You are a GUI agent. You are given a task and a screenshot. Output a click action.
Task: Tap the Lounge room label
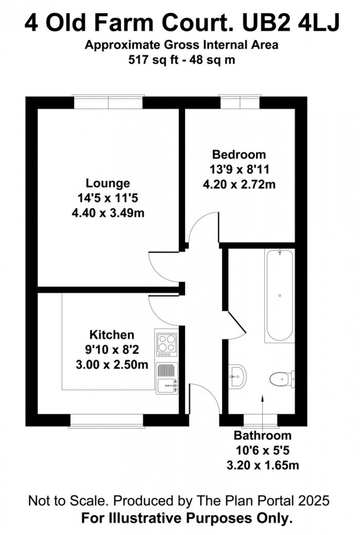pyautogui.click(x=107, y=183)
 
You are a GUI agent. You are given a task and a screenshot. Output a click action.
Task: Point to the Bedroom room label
pyautogui.click(x=239, y=154)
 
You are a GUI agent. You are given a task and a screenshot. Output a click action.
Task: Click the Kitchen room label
pyautogui.click(x=112, y=335)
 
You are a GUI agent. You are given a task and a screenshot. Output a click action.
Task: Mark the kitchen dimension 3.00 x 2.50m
pyautogui.click(x=112, y=365)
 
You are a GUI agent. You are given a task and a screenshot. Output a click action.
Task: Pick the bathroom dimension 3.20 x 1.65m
pyautogui.click(x=263, y=466)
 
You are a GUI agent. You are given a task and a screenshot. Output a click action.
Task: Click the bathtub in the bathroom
pyautogui.click(x=279, y=296)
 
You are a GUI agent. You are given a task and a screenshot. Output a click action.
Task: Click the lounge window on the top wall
pyautogui.click(x=107, y=101)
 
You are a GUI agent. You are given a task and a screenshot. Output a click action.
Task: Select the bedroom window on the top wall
pyautogui.click(x=240, y=101)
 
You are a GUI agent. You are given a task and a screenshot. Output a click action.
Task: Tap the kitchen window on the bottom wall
pyautogui.click(x=106, y=421)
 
